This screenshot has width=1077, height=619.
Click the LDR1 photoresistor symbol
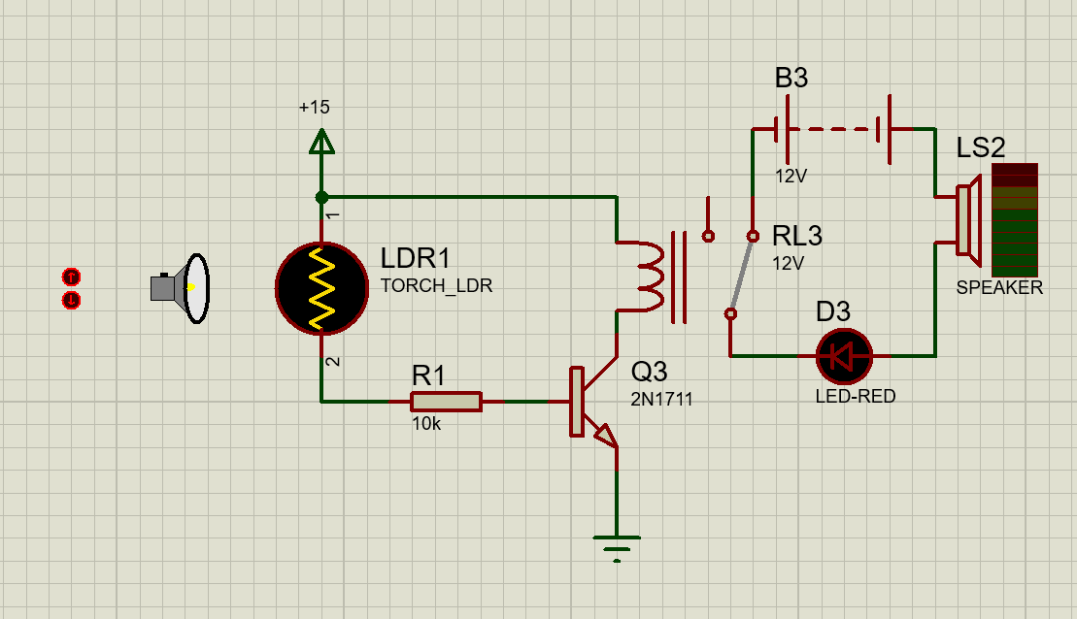(x=321, y=287)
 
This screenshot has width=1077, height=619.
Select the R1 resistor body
(x=446, y=401)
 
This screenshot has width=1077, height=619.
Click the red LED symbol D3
(x=844, y=356)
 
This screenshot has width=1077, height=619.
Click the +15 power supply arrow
(x=321, y=143)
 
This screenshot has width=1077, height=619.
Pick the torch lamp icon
(x=182, y=288)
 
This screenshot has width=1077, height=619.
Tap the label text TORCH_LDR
(x=436, y=287)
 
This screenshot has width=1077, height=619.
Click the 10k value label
(x=426, y=424)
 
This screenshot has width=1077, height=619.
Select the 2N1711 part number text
(x=662, y=399)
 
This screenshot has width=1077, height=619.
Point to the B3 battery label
(x=791, y=78)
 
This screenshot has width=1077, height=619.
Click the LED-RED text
(x=855, y=397)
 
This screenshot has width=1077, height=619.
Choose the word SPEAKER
(x=999, y=288)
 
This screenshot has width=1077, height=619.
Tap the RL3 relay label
(x=796, y=236)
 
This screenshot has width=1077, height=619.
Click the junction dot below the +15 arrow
(x=321, y=197)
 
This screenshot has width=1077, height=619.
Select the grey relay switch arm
(x=742, y=275)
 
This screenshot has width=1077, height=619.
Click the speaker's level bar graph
(x=1014, y=219)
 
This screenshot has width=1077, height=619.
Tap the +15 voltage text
(x=315, y=108)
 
